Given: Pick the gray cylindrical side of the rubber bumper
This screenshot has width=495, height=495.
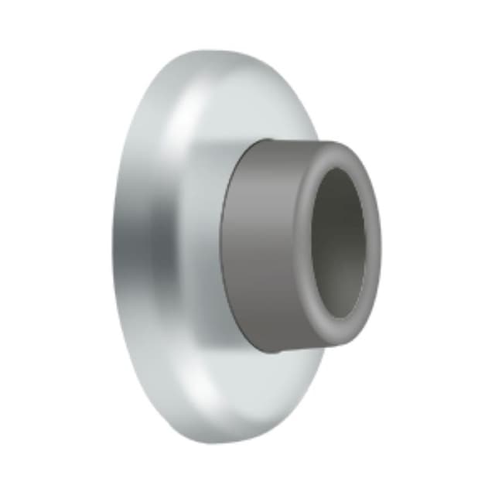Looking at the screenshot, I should tap(259, 247).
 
